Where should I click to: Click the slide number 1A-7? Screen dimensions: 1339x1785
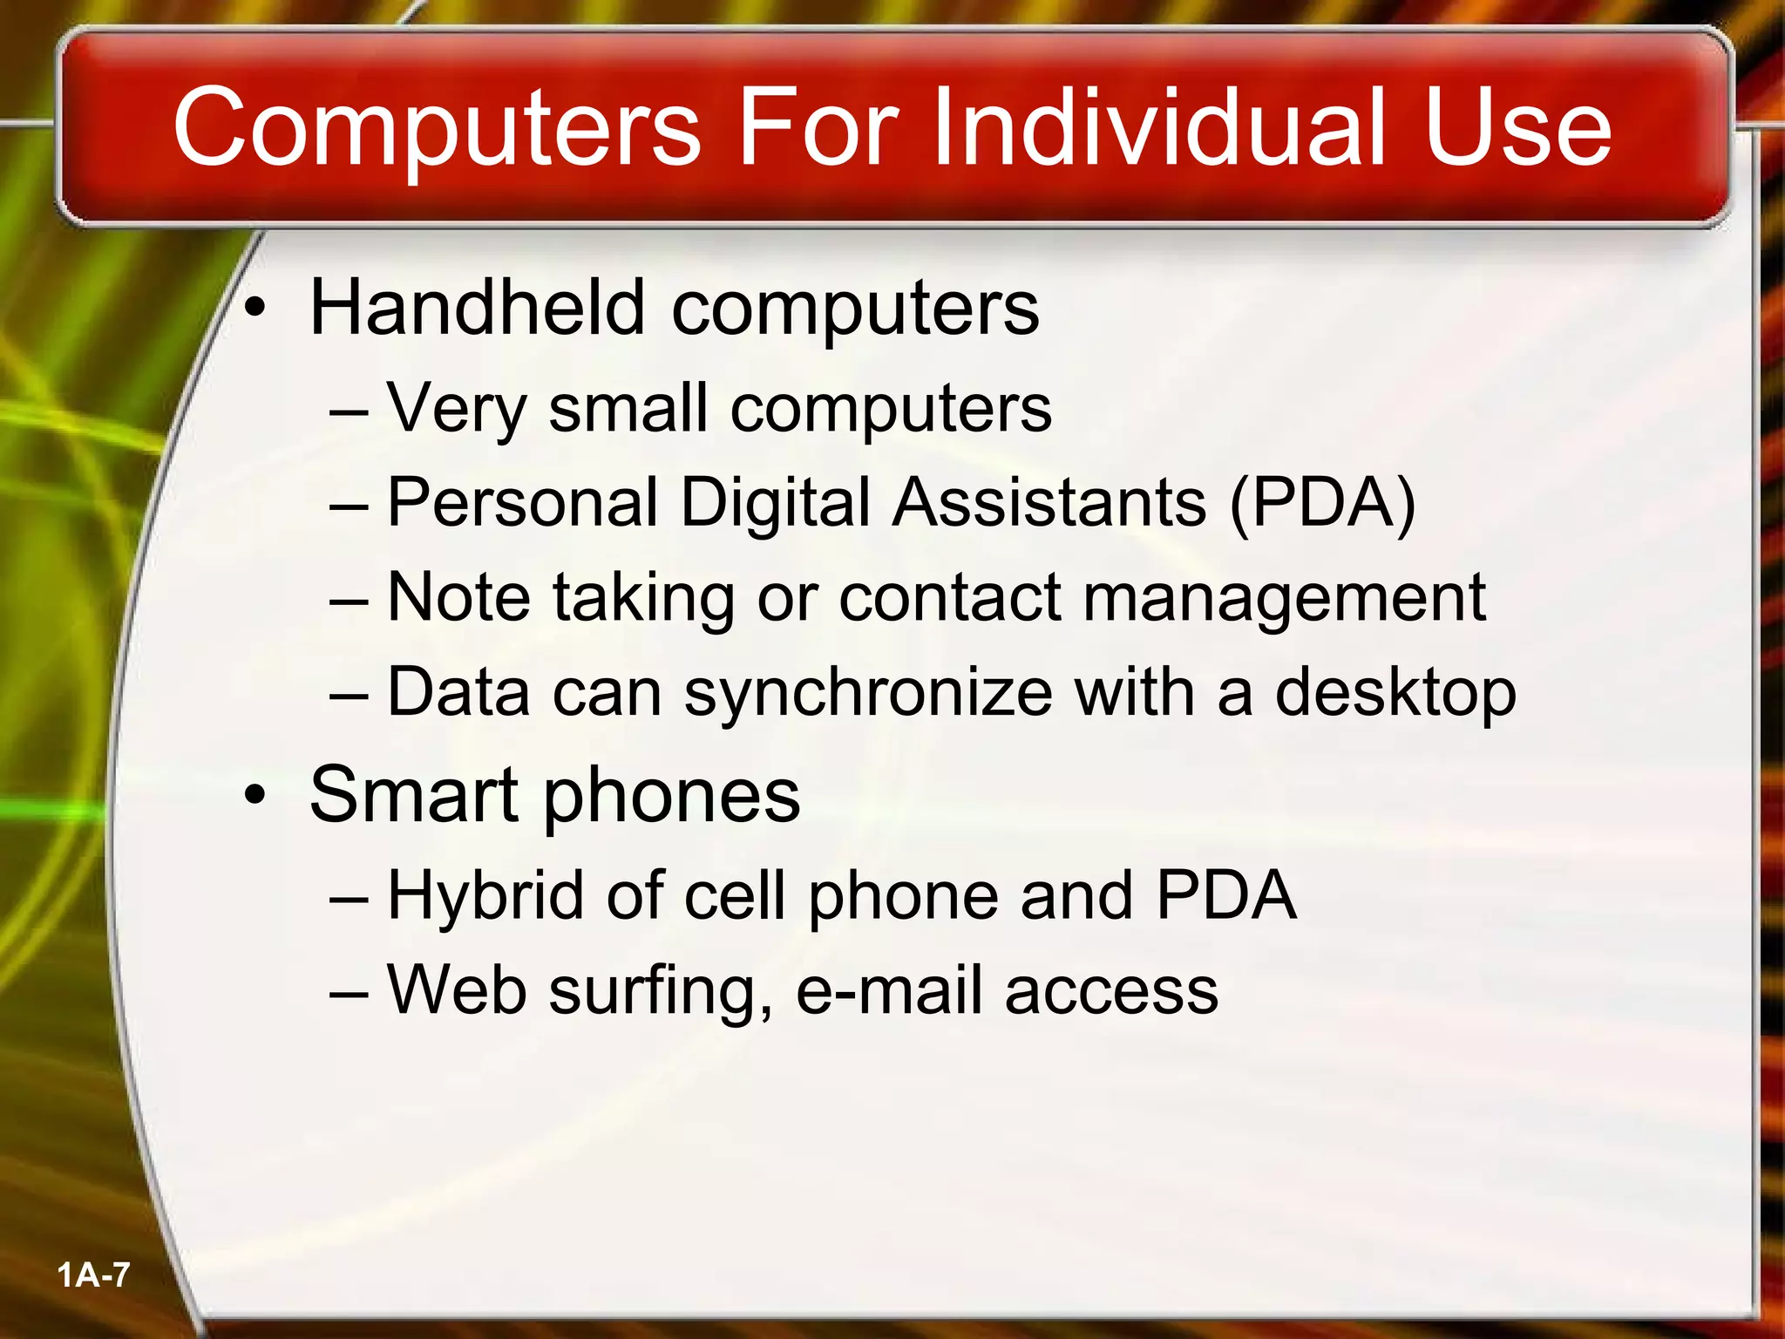93,1275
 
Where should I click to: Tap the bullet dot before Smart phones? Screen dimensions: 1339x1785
255,795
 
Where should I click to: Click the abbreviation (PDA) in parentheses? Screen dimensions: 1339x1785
1321,503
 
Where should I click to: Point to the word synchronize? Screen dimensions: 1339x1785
868,694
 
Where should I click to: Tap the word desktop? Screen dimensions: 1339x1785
1395,694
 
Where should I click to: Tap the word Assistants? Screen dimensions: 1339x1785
1049,503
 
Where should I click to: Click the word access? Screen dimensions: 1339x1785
1111,992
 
